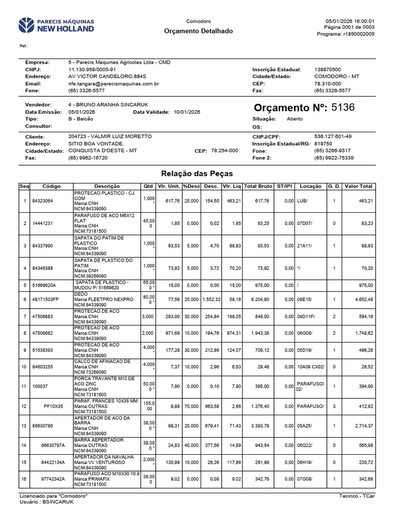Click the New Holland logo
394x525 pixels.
(56, 25)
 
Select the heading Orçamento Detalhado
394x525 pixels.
(198, 31)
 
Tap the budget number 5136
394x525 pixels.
(343, 108)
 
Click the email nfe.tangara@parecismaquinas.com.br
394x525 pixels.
(113, 84)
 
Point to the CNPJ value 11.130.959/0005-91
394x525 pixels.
(92, 69)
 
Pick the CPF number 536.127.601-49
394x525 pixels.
(332, 137)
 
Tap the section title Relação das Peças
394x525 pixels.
(197, 174)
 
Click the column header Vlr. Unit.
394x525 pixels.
(169, 186)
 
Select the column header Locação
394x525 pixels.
(310, 186)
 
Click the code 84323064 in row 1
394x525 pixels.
(43, 201)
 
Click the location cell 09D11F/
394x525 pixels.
(306, 317)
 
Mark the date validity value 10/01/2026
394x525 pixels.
(187, 112)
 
